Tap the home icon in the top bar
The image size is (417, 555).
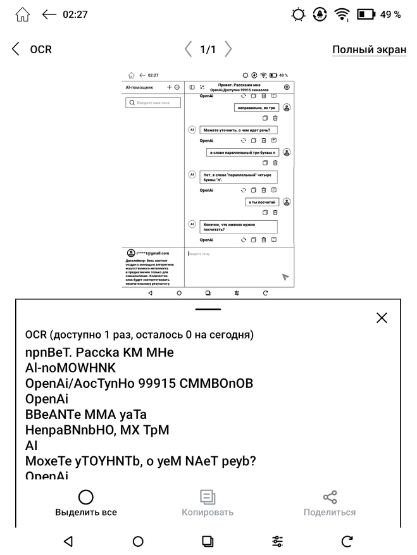click(x=22, y=15)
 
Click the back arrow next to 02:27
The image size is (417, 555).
click(x=49, y=15)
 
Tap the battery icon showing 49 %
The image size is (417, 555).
click(x=366, y=15)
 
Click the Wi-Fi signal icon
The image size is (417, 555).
click(x=342, y=15)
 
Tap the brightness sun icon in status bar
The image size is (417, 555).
click(x=299, y=15)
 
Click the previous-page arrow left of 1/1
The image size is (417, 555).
click(x=188, y=49)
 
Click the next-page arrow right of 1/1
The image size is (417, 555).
click(x=228, y=49)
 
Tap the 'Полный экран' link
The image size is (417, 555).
click(x=369, y=50)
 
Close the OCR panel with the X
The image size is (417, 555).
click(x=382, y=318)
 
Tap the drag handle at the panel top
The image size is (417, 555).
click(x=208, y=309)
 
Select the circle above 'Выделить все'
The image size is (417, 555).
click(x=85, y=497)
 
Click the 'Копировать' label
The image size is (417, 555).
click(x=208, y=512)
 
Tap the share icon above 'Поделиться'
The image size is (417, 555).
click(x=330, y=497)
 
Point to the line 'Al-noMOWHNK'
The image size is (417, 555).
click(x=70, y=368)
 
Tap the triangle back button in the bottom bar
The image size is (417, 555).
click(x=68, y=541)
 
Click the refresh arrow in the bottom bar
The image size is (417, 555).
click(x=347, y=541)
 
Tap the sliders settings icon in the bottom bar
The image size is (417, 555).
click(x=277, y=541)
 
